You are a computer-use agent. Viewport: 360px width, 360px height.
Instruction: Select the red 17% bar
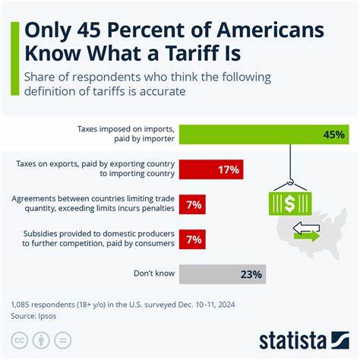click(x=221, y=169)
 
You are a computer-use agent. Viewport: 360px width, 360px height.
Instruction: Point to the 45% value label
click(x=334, y=134)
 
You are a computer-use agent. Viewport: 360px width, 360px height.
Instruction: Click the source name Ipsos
click(x=52, y=314)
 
